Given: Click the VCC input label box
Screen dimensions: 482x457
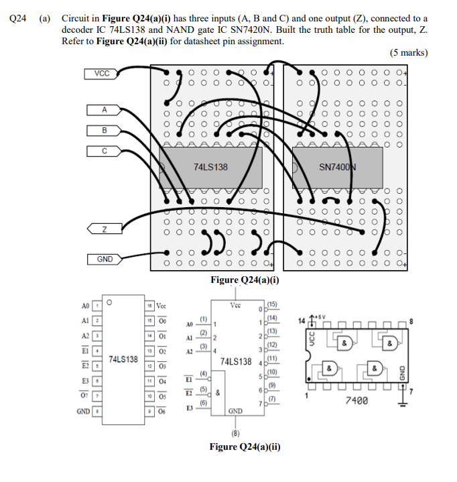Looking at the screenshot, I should tap(103, 74).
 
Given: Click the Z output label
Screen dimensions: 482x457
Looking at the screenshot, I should tap(103, 230).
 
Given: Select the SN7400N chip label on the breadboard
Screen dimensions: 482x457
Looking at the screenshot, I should tap(337, 167).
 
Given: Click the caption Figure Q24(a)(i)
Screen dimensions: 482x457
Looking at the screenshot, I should tap(245, 280).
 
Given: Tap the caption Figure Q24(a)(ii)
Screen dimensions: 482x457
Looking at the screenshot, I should tap(245, 446).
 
